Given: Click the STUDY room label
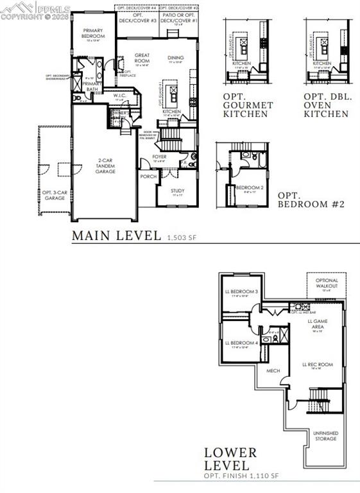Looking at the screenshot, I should (x=177, y=191).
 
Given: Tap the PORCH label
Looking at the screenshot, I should (x=148, y=177).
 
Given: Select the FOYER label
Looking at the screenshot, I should (x=159, y=156).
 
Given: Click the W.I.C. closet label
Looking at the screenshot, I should (x=119, y=96).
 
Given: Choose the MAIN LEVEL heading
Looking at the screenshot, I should (x=116, y=236).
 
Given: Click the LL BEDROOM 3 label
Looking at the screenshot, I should (x=241, y=291).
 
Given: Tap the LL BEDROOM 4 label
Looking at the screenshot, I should (x=241, y=342).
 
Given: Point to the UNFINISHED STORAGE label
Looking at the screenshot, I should (x=326, y=436).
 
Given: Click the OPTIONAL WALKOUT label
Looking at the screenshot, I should (x=327, y=283).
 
